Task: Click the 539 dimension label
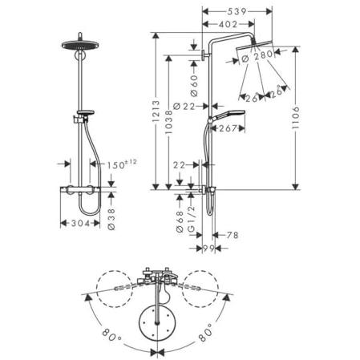pyautogui.click(x=237, y=11)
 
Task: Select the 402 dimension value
pyautogui.click(x=228, y=24)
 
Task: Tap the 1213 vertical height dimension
pyautogui.click(x=156, y=111)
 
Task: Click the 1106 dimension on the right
pyautogui.click(x=295, y=118)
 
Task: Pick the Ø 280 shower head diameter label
pyautogui.click(x=257, y=57)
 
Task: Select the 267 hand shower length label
pyautogui.click(x=228, y=128)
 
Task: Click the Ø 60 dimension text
pyautogui.click(x=194, y=86)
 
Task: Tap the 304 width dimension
pyautogui.click(x=80, y=223)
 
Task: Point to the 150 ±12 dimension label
pyautogui.click(x=122, y=164)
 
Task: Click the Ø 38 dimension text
pyautogui.click(x=111, y=219)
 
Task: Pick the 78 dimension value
pyautogui.click(x=232, y=235)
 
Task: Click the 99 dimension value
pyautogui.click(x=208, y=249)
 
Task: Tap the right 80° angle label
pyautogui.click(x=205, y=333)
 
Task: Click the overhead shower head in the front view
pyautogui.click(x=80, y=44)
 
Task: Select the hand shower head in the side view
pyautogui.click(x=229, y=114)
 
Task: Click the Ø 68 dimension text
pyautogui.click(x=180, y=222)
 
